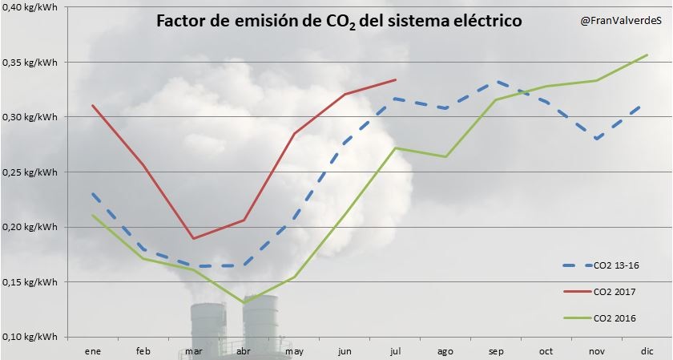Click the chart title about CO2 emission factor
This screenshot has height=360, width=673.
click(x=338, y=22)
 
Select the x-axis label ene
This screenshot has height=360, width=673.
click(x=93, y=350)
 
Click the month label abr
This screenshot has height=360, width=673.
click(x=244, y=350)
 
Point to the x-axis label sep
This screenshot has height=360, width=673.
click(x=496, y=350)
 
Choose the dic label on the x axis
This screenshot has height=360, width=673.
click(x=647, y=350)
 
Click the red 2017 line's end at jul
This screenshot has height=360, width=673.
click(x=396, y=79)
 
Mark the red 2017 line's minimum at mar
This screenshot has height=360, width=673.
click(x=193, y=238)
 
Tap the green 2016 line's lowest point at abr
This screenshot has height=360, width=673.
click(x=244, y=302)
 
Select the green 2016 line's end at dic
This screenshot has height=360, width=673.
click(x=647, y=55)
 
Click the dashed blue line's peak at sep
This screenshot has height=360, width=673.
click(x=497, y=81)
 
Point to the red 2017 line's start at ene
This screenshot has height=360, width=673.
click(x=93, y=105)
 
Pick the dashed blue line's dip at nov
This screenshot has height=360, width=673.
click(x=597, y=139)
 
